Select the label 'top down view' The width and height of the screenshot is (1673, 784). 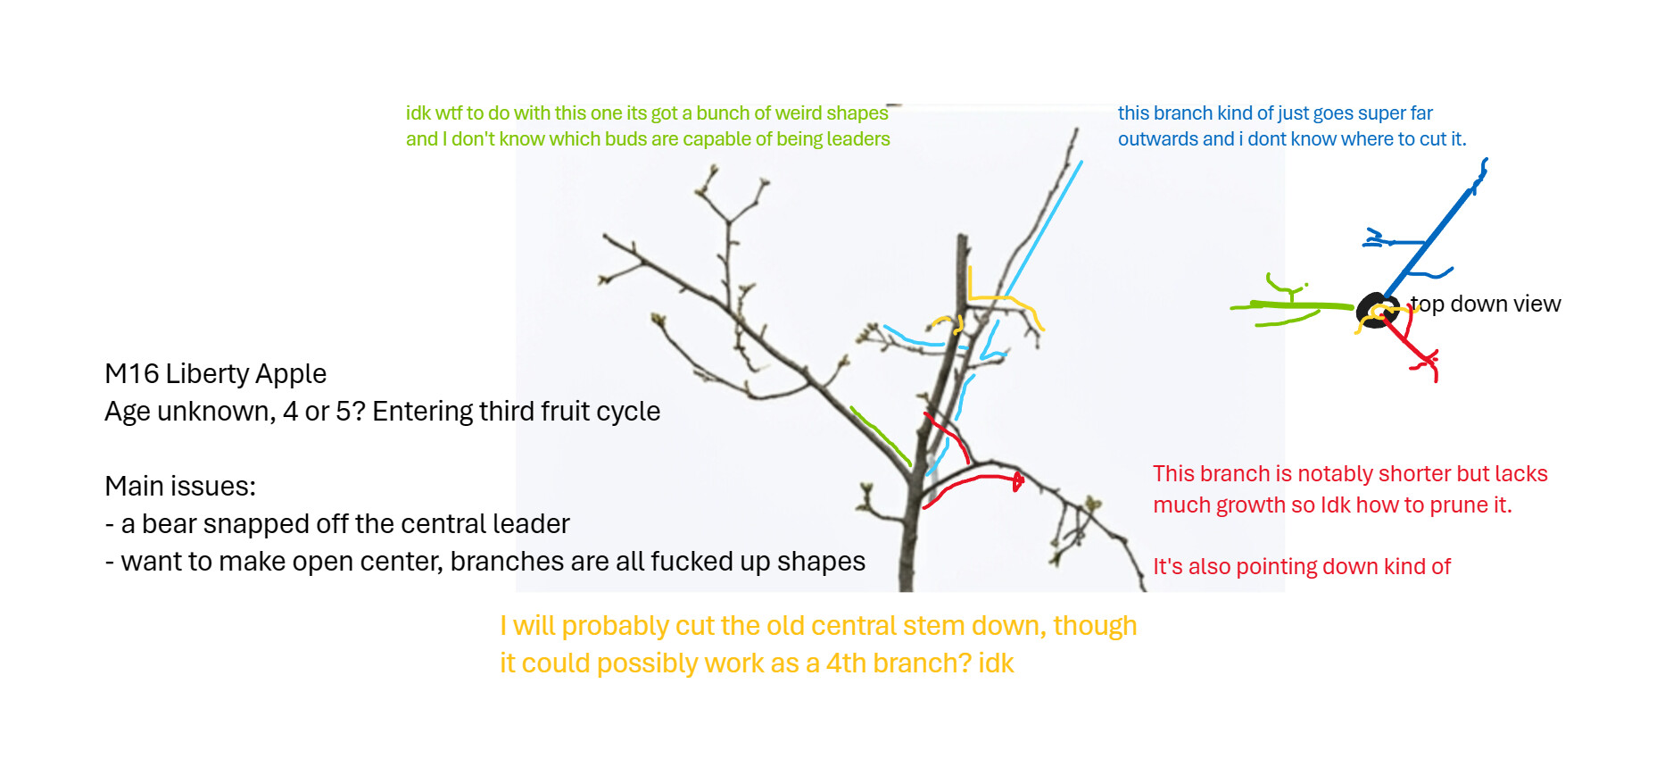coord(1485,304)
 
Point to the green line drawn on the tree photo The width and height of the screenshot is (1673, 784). coord(880,436)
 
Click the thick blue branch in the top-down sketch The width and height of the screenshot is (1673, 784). coord(1433,234)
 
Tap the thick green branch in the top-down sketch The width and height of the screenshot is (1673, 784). coord(1292,306)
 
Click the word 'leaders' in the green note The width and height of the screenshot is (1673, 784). coord(858,139)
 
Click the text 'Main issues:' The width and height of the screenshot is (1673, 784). coord(180,486)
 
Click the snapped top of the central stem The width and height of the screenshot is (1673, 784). coord(963,238)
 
